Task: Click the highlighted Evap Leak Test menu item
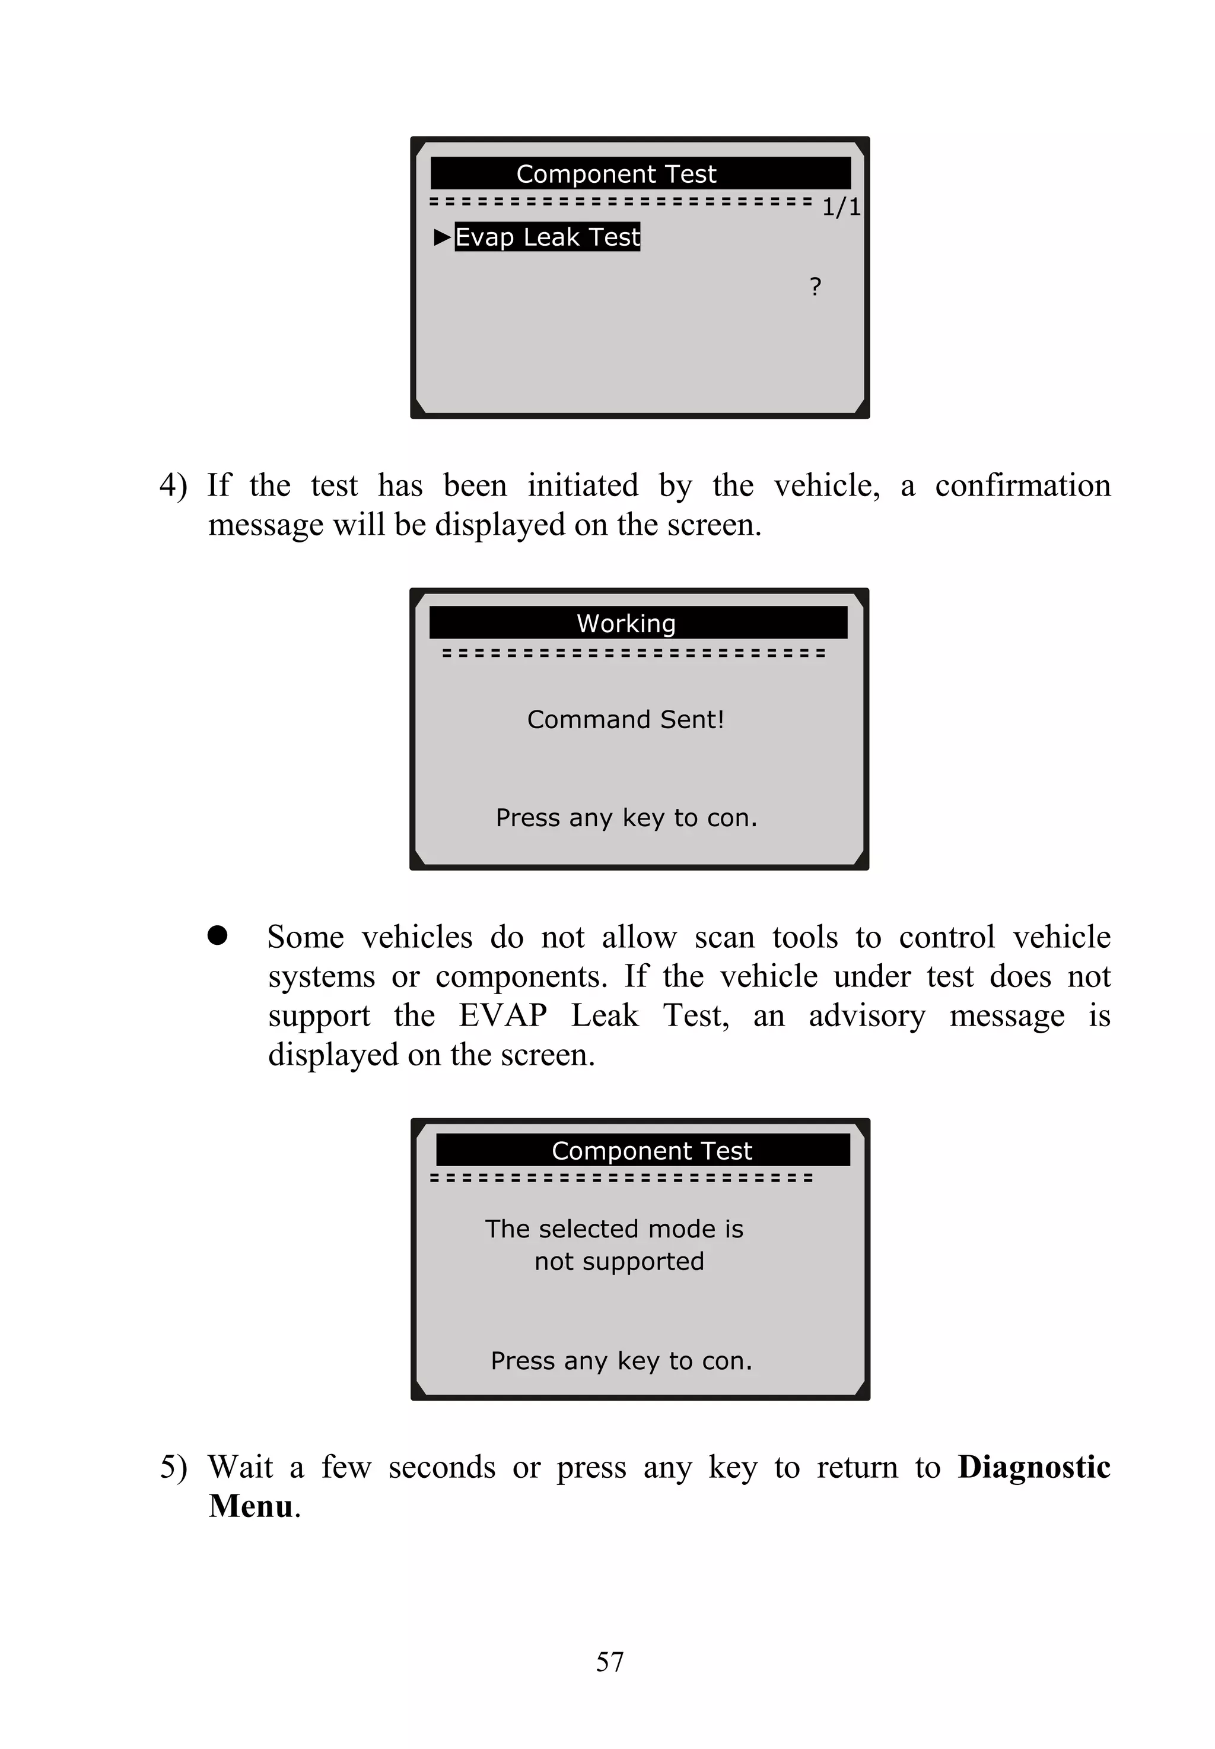point(548,237)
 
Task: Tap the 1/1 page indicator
point(841,207)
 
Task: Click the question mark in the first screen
point(815,287)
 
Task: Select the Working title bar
point(638,623)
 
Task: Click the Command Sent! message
point(625,719)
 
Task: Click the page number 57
point(610,1661)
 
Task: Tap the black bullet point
point(218,935)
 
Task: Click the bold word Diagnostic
point(1033,1467)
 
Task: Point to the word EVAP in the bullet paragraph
point(502,1015)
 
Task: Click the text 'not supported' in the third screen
point(619,1262)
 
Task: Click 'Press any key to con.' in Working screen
point(626,818)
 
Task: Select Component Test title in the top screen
point(616,174)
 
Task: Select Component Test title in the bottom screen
point(651,1151)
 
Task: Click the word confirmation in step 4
point(1022,486)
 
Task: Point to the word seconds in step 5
point(441,1467)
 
